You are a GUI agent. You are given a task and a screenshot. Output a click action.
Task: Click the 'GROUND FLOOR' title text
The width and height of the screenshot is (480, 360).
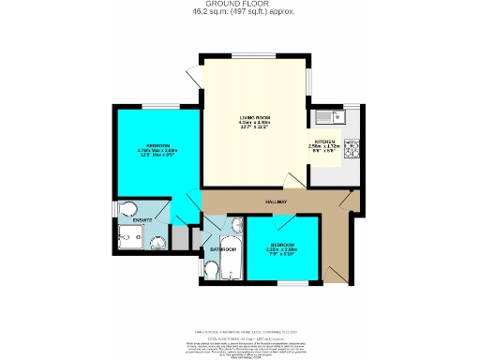coord(240,5)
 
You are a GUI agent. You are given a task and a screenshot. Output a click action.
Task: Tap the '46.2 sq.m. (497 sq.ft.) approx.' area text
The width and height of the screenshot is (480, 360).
coord(240,13)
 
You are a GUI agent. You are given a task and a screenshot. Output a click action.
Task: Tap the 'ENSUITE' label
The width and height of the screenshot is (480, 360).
coord(142,220)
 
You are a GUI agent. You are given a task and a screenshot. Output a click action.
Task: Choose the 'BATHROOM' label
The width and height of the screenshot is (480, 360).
coord(222,249)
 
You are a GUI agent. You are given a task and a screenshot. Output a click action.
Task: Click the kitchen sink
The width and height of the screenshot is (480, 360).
coord(331,116)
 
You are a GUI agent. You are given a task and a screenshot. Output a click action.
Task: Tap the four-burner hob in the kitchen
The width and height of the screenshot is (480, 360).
coord(353,148)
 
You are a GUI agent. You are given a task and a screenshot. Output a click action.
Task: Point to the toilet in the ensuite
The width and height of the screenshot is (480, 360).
coord(127,208)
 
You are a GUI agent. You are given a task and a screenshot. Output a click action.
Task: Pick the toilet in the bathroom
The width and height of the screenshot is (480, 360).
coord(212,272)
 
